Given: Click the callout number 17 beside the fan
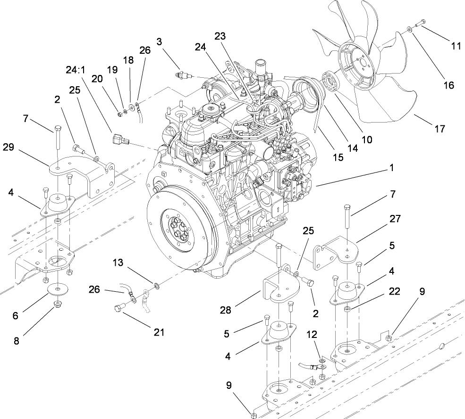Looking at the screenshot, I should (x=440, y=128).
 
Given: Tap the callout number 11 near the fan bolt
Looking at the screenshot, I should (x=456, y=46).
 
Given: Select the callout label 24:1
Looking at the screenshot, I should (x=75, y=70).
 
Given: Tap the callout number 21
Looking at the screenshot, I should (x=159, y=332).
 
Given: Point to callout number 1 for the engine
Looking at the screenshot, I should (x=391, y=167).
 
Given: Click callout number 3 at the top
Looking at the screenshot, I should (x=160, y=42).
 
